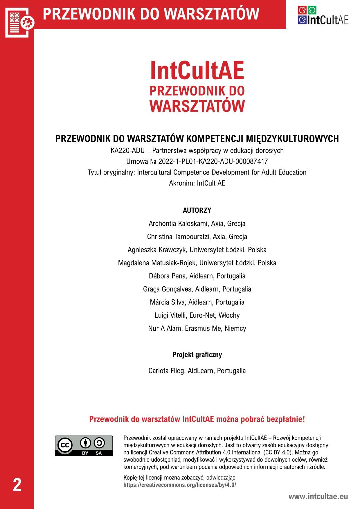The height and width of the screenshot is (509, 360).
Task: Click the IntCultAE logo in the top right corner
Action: tap(323, 15)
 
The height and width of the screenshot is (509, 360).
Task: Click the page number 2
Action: tap(17, 485)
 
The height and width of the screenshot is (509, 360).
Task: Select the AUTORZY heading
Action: tap(197, 210)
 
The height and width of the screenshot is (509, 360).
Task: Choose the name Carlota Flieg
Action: tap(167, 371)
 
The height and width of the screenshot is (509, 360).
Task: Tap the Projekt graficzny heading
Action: tap(197, 355)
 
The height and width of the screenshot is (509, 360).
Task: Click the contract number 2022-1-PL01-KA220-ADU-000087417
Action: tap(213, 161)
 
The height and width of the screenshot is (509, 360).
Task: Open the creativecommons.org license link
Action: tap(180, 485)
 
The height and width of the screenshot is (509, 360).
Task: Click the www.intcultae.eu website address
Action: tap(318, 496)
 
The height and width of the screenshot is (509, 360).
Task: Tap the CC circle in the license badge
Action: tap(65, 445)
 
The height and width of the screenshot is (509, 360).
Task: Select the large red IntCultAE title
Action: tap(197, 71)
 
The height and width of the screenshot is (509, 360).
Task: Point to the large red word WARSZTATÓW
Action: tap(197, 106)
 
